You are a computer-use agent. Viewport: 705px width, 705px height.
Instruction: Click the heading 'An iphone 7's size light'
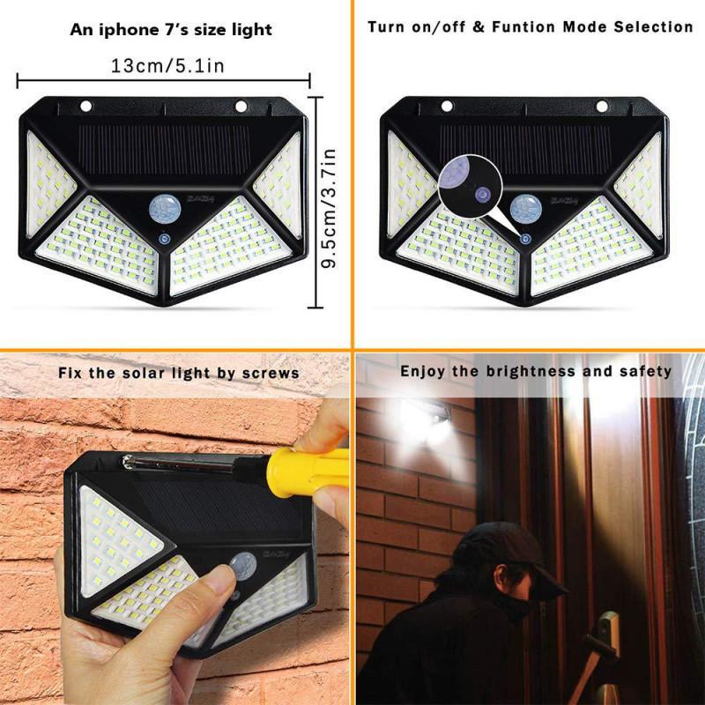[x=171, y=30]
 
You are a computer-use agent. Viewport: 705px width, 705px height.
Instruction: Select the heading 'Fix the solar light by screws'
[x=179, y=373]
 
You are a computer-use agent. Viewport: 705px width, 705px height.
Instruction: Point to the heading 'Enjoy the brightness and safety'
[x=536, y=371]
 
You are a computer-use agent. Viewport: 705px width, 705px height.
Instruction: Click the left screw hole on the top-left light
[x=85, y=107]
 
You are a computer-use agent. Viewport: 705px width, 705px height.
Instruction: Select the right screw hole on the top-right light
[x=602, y=107]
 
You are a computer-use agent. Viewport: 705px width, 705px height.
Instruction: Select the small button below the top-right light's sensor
[x=526, y=238]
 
